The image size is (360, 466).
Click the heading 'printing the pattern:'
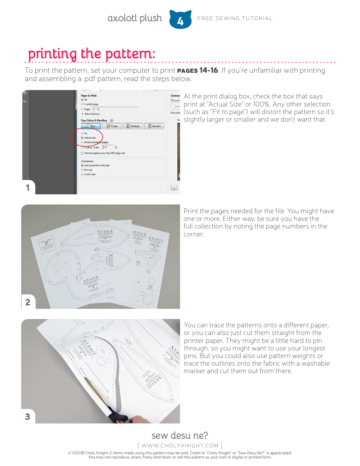point(91,54)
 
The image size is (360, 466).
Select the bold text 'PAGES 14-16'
point(197,70)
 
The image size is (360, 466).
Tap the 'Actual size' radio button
point(82,138)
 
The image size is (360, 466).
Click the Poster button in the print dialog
point(112,126)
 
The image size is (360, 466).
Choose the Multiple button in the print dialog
point(133,126)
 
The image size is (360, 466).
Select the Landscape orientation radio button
point(82,174)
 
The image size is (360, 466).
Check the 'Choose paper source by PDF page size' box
point(82,153)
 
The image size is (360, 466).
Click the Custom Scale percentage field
point(108,147)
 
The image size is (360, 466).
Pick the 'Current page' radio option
point(82,104)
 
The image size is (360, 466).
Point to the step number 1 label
point(28,188)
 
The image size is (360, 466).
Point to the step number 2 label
point(28,302)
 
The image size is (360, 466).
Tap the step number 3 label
point(28,416)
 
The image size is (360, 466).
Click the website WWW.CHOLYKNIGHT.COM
point(180,446)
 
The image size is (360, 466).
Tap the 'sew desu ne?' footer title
point(180,435)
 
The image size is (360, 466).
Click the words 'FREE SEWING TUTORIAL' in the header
point(235,18)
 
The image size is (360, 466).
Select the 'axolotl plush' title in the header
point(135,18)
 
